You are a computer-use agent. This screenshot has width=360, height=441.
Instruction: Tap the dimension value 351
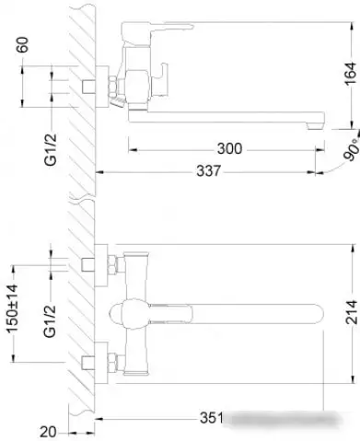pyautogui.click(x=212, y=419)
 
